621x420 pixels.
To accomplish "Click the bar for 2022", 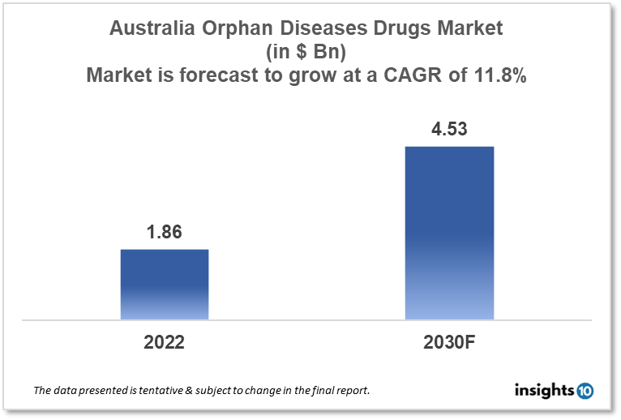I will click(165, 284).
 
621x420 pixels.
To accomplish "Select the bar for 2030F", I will click(449, 233).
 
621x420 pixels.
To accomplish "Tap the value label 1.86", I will click(164, 232).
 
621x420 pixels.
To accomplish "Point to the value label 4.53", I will click(449, 129).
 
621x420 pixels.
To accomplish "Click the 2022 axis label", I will click(165, 342).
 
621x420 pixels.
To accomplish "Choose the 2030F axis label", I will click(449, 342).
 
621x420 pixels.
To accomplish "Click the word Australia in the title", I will click(149, 29).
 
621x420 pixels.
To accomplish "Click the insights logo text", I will click(544, 391).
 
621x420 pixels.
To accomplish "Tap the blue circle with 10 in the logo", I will click(585, 391).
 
